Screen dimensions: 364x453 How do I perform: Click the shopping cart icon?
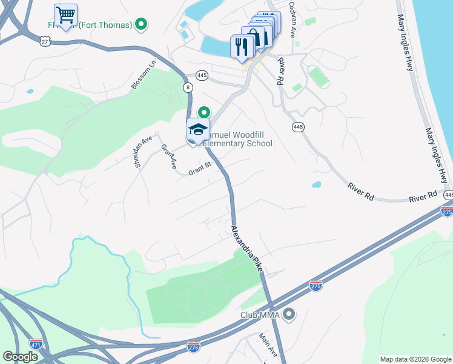pos(65,14)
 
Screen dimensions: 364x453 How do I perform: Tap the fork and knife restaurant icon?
pos(242,47)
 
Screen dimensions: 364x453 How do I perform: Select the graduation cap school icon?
pos(198,129)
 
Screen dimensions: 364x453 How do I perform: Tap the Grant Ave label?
pos(168,157)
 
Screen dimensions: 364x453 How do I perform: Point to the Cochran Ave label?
pos(292,19)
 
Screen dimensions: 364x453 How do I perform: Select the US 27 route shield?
pos(45,40)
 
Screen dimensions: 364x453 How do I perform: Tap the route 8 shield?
pos(188,88)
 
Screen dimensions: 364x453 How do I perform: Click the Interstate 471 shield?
pos(36,343)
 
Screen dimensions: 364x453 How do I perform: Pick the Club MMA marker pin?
pos(289,314)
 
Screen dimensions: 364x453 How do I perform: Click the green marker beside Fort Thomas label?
pos(141,25)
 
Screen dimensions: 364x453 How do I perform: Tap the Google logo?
pos(20,357)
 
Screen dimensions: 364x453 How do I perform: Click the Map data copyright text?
pos(415,359)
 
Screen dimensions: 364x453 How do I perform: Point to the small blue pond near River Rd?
pos(317,184)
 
